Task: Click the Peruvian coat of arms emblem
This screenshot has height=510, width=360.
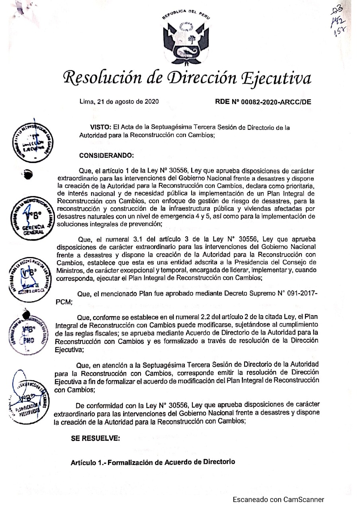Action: click(186, 40)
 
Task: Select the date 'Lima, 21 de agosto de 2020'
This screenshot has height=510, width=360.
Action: click(119, 101)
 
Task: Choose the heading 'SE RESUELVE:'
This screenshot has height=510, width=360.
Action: click(95, 438)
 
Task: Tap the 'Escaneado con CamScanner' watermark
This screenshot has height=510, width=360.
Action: click(278, 500)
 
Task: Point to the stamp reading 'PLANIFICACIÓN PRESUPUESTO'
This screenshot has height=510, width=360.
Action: click(27, 398)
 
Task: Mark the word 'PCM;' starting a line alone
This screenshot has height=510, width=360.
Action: click(63, 302)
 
